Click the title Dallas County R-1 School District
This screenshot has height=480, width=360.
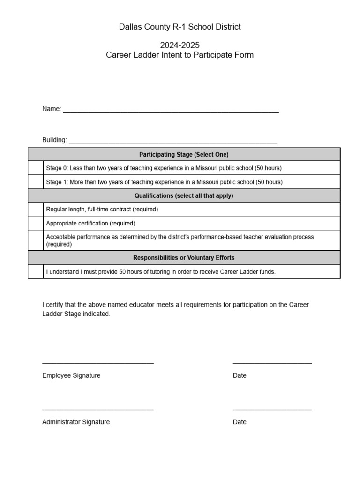(180, 27)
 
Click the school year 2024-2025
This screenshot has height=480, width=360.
(180, 45)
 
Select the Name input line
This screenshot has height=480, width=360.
(171, 110)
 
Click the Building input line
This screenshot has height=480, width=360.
(173, 141)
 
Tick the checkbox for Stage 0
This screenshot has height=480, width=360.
(36, 168)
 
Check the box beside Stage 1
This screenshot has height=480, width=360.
(36, 182)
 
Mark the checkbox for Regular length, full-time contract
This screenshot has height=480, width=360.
(36, 210)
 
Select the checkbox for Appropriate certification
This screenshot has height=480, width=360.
(36, 223)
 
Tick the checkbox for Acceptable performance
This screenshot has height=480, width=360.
(36, 240)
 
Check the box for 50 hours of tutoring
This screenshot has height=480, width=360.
(36, 272)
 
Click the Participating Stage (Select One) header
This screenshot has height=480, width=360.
(184, 154)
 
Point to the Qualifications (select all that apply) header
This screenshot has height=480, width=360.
(184, 195)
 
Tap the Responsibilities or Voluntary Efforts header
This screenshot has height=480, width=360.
(184, 258)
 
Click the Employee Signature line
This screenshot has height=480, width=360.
(98, 362)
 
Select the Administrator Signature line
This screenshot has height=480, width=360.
(98, 409)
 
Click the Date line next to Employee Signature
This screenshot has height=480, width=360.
(272, 362)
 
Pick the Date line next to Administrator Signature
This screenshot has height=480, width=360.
(272, 409)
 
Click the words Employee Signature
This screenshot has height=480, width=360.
(71, 375)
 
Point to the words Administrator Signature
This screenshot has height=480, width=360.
(76, 422)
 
